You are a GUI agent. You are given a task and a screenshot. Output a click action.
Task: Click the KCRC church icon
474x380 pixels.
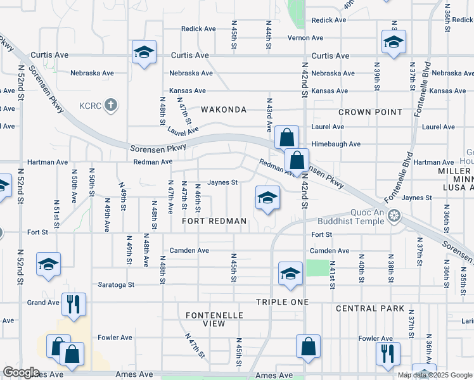(x=110, y=104)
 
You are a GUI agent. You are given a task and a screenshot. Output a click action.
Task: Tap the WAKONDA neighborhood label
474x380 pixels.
(x=223, y=110)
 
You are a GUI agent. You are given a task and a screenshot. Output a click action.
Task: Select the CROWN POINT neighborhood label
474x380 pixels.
(x=370, y=112)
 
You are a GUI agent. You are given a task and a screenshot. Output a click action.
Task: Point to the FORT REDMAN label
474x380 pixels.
(x=214, y=221)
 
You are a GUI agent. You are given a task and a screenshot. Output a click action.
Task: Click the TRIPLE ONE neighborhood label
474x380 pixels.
(x=283, y=302)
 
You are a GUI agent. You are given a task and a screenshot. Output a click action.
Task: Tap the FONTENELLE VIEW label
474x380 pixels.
(x=205, y=319)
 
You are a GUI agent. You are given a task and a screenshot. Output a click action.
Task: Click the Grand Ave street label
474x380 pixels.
(x=44, y=303)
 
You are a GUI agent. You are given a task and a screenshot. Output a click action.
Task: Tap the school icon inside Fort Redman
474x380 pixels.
(x=267, y=199)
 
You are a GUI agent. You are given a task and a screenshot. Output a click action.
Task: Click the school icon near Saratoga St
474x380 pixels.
(x=290, y=274)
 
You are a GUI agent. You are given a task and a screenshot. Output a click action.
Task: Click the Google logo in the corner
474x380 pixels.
(x=22, y=372)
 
